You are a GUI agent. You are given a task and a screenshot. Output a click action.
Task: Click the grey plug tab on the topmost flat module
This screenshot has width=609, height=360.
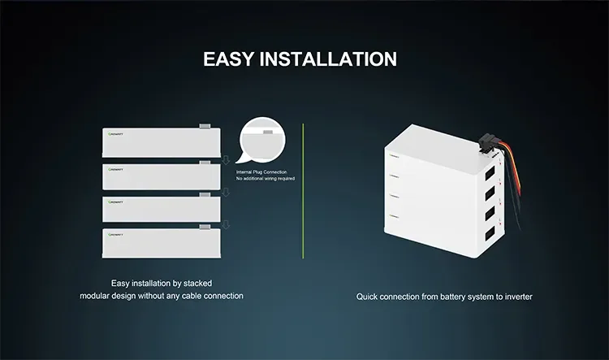[x=205, y=127]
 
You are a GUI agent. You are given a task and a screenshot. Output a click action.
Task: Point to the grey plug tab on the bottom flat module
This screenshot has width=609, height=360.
[x=205, y=227]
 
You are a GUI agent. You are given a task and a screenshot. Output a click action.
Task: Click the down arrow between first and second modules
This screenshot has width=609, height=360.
[x=227, y=160]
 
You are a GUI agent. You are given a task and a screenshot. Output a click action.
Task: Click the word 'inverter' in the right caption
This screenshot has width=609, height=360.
[x=516, y=297]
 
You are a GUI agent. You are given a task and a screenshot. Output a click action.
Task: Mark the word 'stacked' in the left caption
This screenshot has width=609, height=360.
[x=195, y=282]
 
